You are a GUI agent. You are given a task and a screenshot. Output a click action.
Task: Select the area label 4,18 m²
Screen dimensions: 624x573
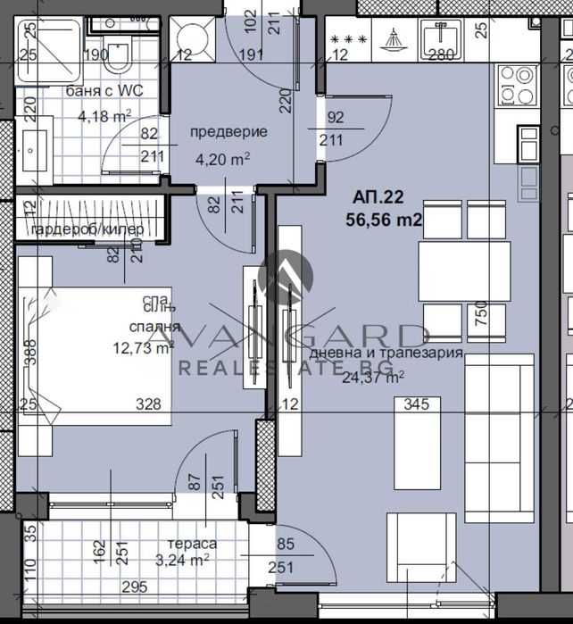coord(104,115)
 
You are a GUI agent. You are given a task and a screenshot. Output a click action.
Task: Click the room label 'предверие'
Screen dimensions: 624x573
coord(228,132)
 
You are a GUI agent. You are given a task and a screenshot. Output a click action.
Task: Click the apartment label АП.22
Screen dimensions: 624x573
coord(374,198)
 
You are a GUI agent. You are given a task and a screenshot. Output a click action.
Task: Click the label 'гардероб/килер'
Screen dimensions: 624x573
coord(87,231)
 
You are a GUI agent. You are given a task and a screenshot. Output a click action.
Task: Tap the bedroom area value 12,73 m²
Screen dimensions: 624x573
coord(137,348)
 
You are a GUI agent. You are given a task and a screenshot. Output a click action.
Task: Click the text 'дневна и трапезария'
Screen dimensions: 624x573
coord(386,353)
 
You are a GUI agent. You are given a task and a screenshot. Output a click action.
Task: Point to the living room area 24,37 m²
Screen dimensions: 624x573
coord(372,376)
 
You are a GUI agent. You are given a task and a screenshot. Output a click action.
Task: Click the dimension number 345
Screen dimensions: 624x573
coord(416,404)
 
